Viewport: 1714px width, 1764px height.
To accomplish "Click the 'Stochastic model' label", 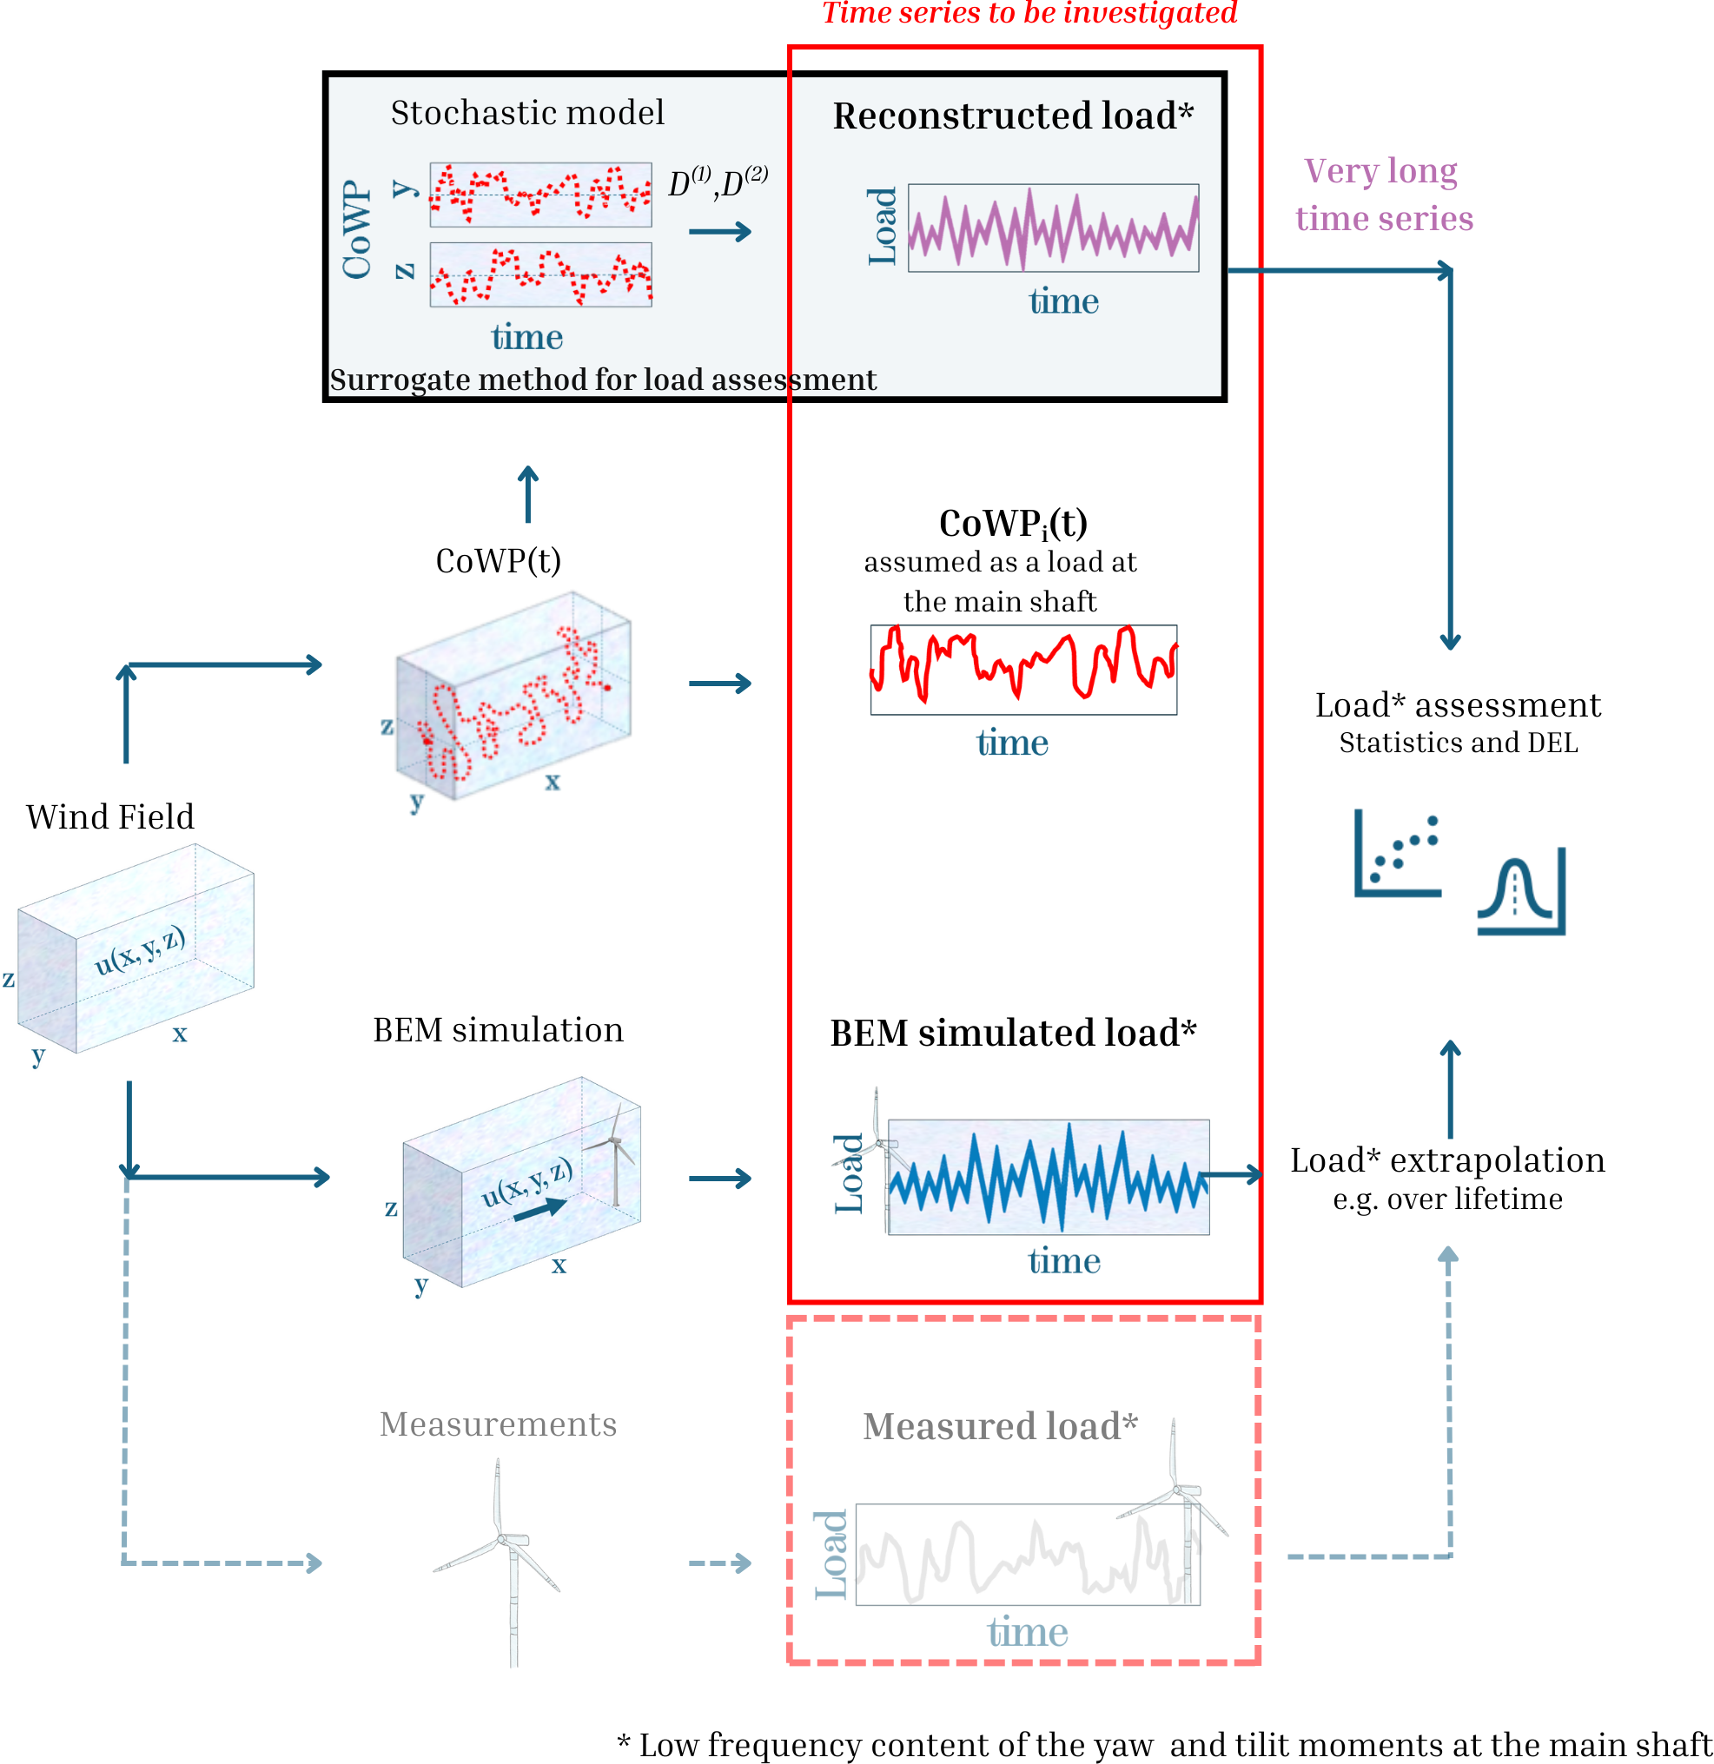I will (x=527, y=114).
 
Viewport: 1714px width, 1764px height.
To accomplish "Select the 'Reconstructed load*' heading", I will (x=1013, y=116).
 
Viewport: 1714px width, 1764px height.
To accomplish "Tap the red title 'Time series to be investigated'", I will (x=1029, y=14).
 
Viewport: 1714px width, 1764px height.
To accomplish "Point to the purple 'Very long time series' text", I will (x=1384, y=195).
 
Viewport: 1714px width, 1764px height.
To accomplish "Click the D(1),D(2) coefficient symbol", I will (x=718, y=182).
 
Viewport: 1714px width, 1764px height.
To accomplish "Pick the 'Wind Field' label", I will (x=109, y=817).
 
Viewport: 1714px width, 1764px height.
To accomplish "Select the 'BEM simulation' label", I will (x=498, y=1029).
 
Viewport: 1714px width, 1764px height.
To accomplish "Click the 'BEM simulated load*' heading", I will (x=1013, y=1034).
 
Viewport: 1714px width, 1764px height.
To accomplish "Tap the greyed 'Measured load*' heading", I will (x=1000, y=1426).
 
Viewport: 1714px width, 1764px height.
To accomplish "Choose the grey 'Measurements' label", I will (x=498, y=1424).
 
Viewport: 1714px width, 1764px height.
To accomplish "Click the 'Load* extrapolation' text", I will (x=1447, y=1161).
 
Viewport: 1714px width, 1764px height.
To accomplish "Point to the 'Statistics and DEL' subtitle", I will (x=1459, y=743).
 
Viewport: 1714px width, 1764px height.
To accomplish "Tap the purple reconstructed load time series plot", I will (x=1053, y=228).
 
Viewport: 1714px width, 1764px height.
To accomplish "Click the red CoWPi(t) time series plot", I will (x=1023, y=670).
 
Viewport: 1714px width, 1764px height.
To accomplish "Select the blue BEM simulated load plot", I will (x=1048, y=1177).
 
